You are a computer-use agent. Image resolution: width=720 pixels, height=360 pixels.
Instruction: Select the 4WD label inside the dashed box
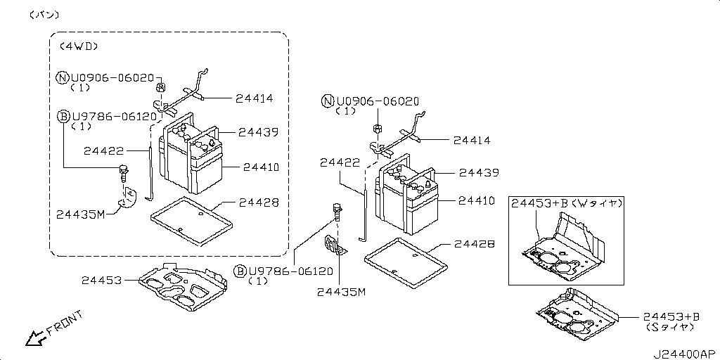pyautogui.click(x=77, y=46)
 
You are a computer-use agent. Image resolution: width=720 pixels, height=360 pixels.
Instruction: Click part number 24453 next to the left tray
pyautogui.click(x=102, y=281)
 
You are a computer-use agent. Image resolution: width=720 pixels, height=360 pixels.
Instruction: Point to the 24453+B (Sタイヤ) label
pyautogui.click(x=671, y=322)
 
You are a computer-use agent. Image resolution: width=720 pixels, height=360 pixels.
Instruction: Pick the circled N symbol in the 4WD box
pyautogui.click(x=62, y=77)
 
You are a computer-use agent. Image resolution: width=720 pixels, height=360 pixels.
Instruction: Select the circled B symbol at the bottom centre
pyautogui.click(x=240, y=271)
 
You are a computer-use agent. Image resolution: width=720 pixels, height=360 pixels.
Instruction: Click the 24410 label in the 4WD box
pyautogui.click(x=261, y=167)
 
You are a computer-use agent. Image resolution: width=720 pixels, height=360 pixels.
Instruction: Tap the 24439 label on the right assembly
pyautogui.click(x=479, y=172)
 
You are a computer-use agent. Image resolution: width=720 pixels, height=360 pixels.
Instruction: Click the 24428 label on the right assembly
pyautogui.click(x=474, y=244)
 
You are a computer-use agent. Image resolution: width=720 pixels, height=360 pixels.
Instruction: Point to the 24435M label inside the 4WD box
pyautogui.click(x=80, y=214)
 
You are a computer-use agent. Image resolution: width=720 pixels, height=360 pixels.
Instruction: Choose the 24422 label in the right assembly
pyautogui.click(x=340, y=162)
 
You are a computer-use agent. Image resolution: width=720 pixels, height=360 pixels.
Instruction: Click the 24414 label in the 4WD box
pyautogui.click(x=255, y=98)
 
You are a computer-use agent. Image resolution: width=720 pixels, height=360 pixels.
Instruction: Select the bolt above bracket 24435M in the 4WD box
pyautogui.click(x=124, y=171)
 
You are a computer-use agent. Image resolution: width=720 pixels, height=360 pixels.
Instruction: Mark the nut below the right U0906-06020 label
pyautogui.click(x=377, y=129)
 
